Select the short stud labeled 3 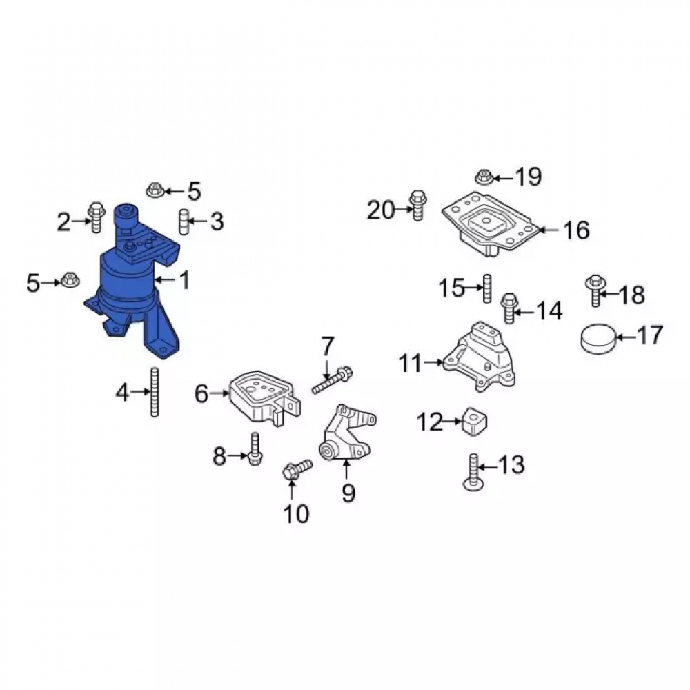[183, 223]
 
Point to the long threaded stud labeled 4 [154, 393]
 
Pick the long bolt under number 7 [333, 381]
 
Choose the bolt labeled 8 [254, 448]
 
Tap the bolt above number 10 [297, 469]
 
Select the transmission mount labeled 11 [480, 358]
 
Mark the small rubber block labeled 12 [475, 422]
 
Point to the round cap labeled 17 [596, 338]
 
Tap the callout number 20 [381, 210]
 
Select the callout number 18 [632, 295]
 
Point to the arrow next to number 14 [524, 312]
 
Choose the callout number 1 [184, 280]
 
